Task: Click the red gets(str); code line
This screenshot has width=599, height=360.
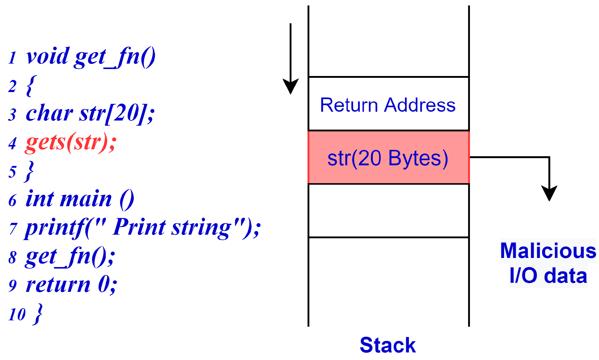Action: [71, 143]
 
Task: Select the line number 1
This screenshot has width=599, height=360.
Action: [12, 58]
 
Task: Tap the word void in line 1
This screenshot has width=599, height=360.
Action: [48, 57]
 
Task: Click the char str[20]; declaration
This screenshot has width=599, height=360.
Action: [90, 114]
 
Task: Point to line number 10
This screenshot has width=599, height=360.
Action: [17, 315]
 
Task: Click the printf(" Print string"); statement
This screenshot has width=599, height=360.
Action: [142, 228]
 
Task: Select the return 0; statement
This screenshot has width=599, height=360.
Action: [71, 285]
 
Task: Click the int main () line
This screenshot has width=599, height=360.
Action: [80, 200]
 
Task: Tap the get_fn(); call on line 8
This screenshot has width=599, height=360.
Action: [70, 257]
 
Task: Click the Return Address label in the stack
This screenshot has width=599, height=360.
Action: [388, 105]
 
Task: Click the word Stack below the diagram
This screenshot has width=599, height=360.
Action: [388, 345]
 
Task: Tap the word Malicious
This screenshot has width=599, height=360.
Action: [548, 251]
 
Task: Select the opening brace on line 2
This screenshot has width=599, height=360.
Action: [31, 86]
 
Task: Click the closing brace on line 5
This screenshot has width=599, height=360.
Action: [30, 171]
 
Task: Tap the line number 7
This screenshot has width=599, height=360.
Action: [13, 229]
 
